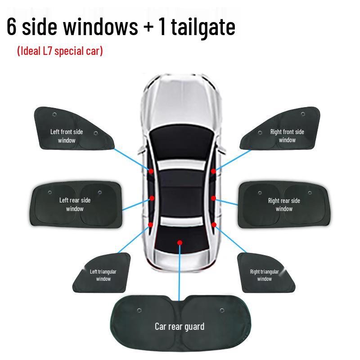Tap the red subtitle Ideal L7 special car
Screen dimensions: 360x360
click(x=60, y=51)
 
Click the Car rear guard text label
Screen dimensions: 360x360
click(x=180, y=326)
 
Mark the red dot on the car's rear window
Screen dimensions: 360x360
click(x=180, y=243)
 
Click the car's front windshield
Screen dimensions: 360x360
click(x=180, y=139)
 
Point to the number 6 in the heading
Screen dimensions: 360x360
click(x=12, y=27)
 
